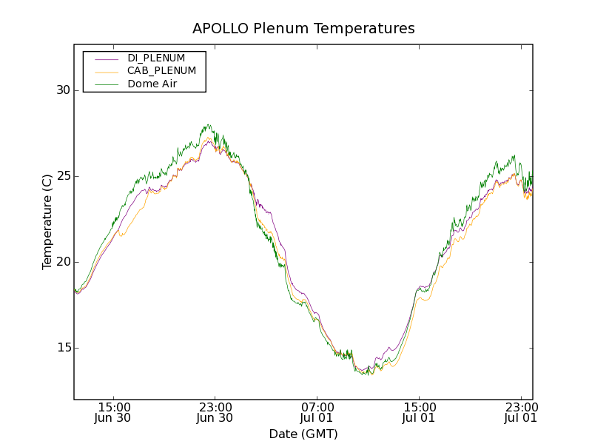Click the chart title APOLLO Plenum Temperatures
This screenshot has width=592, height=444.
303,29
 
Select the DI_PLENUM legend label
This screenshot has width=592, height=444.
156,58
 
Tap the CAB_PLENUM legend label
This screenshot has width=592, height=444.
161,71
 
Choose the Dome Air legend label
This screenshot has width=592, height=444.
152,84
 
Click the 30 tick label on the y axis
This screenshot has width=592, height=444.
62,90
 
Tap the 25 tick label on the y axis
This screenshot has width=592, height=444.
62,176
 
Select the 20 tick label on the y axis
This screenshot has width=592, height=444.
62,262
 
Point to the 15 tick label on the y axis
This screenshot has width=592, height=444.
62,348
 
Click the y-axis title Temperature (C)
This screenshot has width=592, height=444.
47,222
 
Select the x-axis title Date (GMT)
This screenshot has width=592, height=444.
303,434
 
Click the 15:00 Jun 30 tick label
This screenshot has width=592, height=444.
114,412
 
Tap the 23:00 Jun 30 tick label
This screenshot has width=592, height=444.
215,412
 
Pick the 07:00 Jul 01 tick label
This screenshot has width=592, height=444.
317,412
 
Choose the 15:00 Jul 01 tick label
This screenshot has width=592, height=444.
419,412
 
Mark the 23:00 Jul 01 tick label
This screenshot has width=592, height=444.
520,412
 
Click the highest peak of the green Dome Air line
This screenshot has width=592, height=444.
209,125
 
